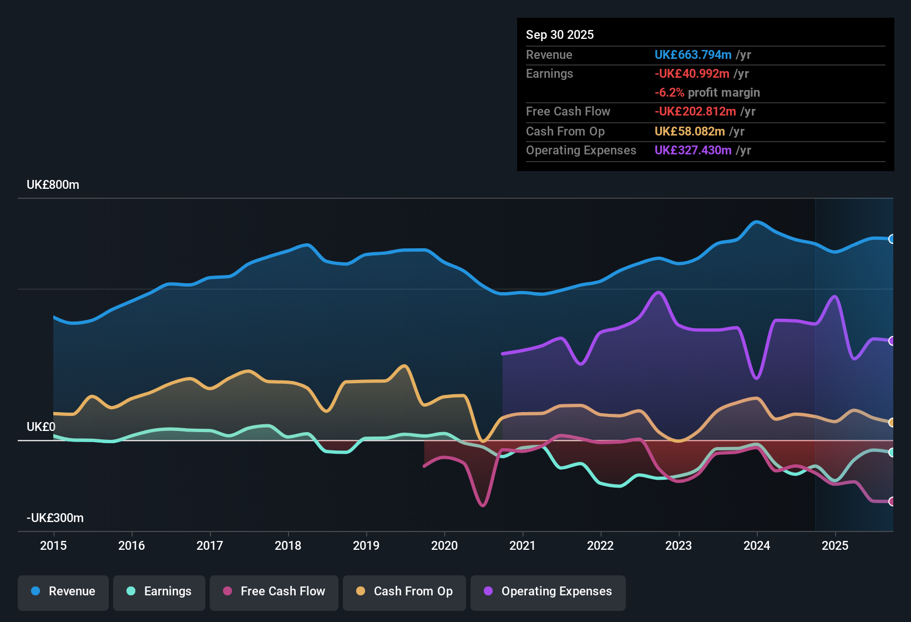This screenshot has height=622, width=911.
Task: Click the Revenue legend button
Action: [63, 591]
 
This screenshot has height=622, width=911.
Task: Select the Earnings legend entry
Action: [159, 591]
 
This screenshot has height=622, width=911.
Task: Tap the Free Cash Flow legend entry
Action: [274, 591]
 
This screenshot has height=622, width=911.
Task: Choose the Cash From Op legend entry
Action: [404, 591]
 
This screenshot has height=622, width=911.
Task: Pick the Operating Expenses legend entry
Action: [548, 591]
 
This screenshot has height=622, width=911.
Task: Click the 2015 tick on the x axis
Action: [53, 545]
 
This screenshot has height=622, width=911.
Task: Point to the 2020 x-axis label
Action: [444, 545]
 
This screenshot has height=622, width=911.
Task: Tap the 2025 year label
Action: [835, 545]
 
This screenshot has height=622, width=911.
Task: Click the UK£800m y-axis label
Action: [53, 185]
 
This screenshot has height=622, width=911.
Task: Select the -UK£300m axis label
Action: [55, 518]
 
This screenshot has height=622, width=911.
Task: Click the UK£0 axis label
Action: [41, 427]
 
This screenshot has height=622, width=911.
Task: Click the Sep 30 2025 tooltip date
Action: [560, 35]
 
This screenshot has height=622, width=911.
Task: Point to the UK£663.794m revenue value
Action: [693, 55]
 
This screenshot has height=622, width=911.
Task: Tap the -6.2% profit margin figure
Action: [669, 93]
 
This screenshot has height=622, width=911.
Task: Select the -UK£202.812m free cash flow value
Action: [695, 112]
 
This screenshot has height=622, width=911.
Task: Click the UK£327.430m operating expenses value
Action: [693, 151]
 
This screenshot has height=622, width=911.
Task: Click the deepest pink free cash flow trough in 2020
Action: [483, 505]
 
